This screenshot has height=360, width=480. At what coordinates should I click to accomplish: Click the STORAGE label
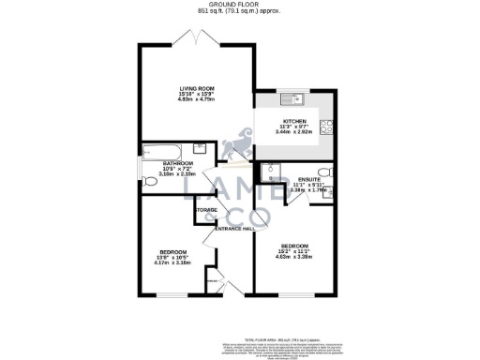tap(206, 209)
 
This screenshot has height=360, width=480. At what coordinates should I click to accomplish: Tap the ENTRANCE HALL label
tap(235, 229)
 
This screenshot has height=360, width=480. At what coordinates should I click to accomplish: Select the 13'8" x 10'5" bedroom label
tap(172, 252)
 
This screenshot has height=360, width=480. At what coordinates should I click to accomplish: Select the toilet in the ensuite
tap(322, 171)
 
